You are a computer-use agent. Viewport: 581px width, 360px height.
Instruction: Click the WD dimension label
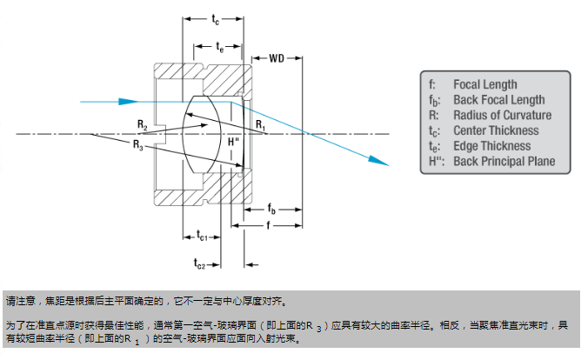click(x=277, y=59)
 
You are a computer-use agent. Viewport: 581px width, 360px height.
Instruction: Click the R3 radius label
click(x=138, y=145)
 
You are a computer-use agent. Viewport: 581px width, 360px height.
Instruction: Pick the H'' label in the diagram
click(x=232, y=141)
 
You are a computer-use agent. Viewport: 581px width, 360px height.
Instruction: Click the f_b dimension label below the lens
click(x=272, y=210)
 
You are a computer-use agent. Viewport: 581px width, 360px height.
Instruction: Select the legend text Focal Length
click(x=485, y=84)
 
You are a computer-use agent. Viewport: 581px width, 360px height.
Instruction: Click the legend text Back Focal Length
click(x=499, y=100)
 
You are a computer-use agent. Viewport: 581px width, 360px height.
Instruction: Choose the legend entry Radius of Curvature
click(x=502, y=116)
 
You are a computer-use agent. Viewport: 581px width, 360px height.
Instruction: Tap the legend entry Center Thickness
click(x=496, y=131)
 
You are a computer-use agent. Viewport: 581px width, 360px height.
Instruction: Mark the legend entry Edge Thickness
click(x=491, y=146)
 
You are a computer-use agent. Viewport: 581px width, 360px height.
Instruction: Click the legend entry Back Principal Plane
click(x=504, y=162)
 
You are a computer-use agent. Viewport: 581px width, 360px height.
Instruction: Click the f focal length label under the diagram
click(x=267, y=224)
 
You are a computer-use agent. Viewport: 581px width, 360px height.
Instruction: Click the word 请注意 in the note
click(x=20, y=303)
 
